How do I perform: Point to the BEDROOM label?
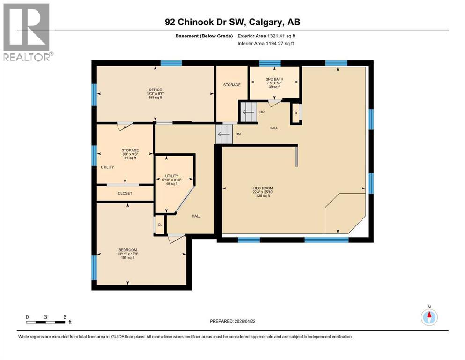click(x=128, y=250)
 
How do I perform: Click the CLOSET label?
click(x=125, y=193)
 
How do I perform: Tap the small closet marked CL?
click(x=160, y=225)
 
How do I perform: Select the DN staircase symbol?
click(x=223, y=135)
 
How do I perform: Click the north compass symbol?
click(x=428, y=316)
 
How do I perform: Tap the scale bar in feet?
click(x=46, y=322)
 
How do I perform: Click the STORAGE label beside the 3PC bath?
click(x=232, y=85)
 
